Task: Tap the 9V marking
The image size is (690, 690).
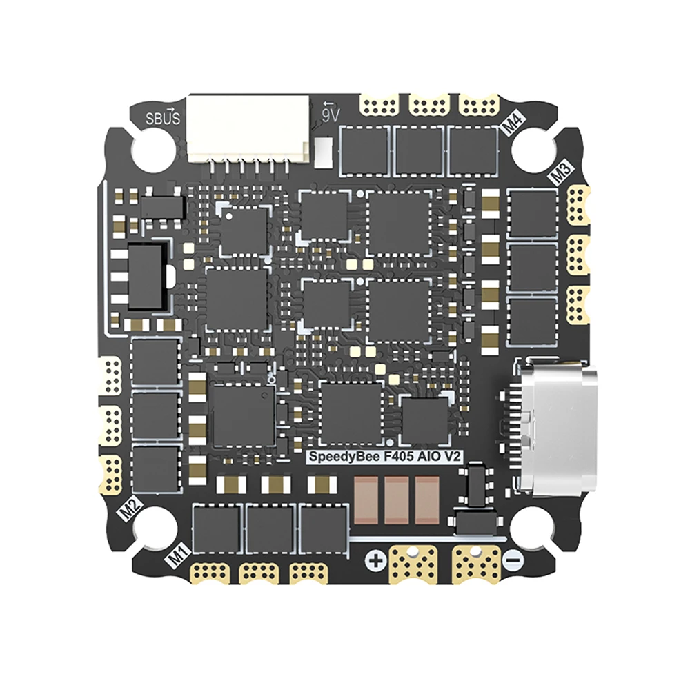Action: point(330,114)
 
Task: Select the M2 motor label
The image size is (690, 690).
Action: point(130,511)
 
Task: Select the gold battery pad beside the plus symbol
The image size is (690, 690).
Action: point(414,562)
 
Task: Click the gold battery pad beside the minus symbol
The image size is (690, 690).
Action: point(475,562)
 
